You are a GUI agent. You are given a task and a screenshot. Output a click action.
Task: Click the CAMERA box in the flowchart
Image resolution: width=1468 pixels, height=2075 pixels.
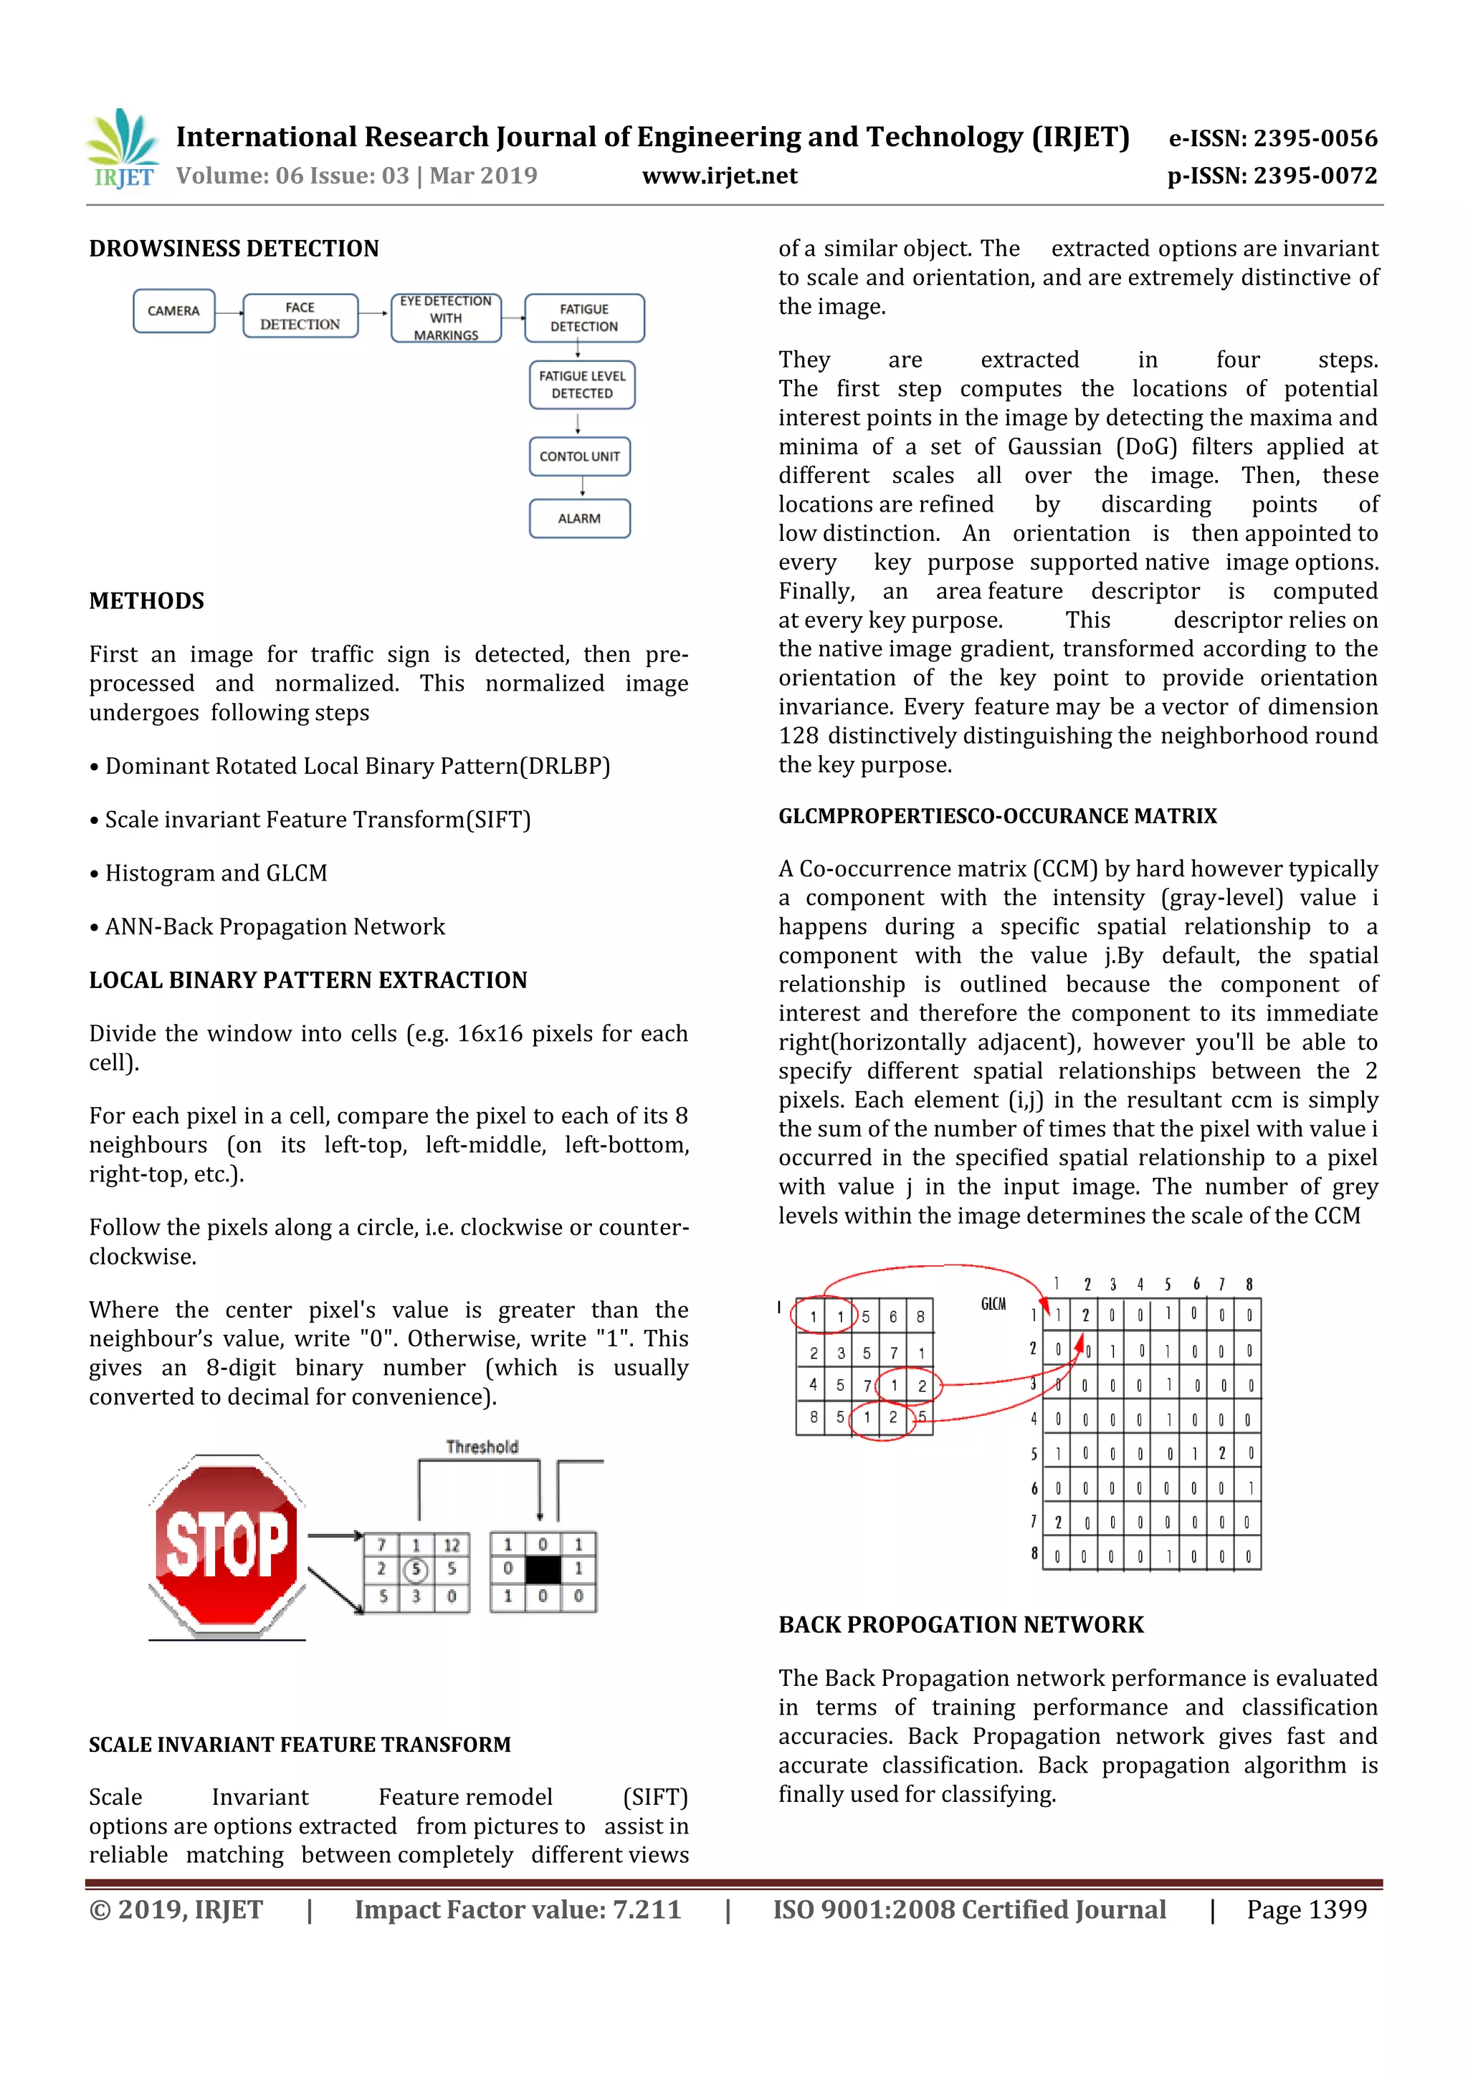173,311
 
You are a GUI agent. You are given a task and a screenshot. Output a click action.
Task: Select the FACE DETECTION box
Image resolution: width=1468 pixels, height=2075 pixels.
300,315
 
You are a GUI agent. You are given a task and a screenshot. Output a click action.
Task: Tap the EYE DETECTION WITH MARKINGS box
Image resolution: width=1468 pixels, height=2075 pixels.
446,317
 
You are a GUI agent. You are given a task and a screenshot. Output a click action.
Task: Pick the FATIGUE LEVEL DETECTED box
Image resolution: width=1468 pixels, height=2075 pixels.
582,385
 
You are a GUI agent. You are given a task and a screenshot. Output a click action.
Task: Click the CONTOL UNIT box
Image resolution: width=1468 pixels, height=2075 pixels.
579,456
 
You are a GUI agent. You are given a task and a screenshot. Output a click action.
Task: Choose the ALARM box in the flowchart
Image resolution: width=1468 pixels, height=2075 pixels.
579,519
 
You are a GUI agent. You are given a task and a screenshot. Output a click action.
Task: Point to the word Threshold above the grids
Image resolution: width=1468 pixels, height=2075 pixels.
482,1447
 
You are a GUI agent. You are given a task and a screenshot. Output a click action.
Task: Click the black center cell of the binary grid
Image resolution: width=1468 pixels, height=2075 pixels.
543,1570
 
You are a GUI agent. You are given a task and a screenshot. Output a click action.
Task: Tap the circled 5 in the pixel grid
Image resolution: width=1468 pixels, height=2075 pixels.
416,1570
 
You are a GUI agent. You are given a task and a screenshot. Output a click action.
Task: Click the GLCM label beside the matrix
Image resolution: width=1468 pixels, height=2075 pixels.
993,1303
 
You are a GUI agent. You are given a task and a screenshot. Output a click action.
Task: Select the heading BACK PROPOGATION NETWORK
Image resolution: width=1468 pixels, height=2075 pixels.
961,1625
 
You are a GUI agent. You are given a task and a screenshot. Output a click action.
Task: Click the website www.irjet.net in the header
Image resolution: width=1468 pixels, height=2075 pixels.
720,176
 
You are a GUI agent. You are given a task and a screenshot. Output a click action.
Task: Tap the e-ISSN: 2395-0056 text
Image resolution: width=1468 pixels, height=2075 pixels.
1273,138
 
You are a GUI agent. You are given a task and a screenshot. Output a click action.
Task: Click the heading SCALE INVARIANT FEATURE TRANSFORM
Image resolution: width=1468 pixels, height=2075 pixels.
299,1744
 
